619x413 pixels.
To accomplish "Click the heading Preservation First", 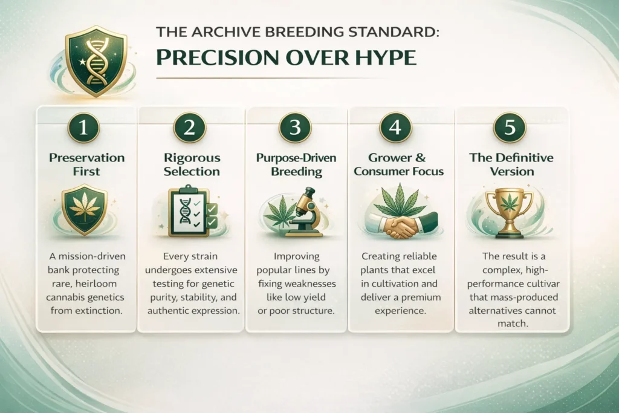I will tap(86, 164).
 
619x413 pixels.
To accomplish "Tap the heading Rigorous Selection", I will tap(192, 164).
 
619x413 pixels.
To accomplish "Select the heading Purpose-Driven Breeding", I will tap(296, 164).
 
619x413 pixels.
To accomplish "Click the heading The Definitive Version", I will tap(510, 164).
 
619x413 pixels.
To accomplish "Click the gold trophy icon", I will tap(509, 209).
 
